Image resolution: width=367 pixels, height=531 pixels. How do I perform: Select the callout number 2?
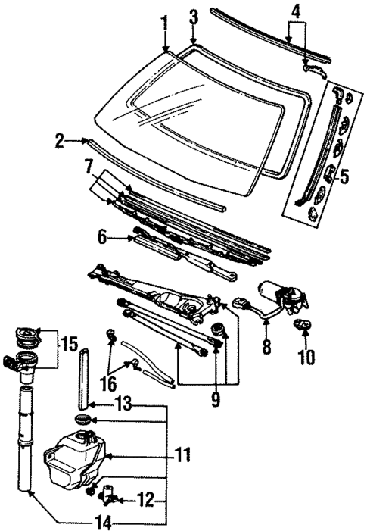(x=60, y=140)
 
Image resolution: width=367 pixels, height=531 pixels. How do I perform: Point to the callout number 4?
(x=296, y=12)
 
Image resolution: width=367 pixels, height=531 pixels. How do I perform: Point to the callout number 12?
(x=148, y=499)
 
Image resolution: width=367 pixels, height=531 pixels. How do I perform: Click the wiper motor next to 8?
(x=287, y=295)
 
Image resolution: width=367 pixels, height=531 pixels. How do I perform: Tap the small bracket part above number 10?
(x=304, y=326)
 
